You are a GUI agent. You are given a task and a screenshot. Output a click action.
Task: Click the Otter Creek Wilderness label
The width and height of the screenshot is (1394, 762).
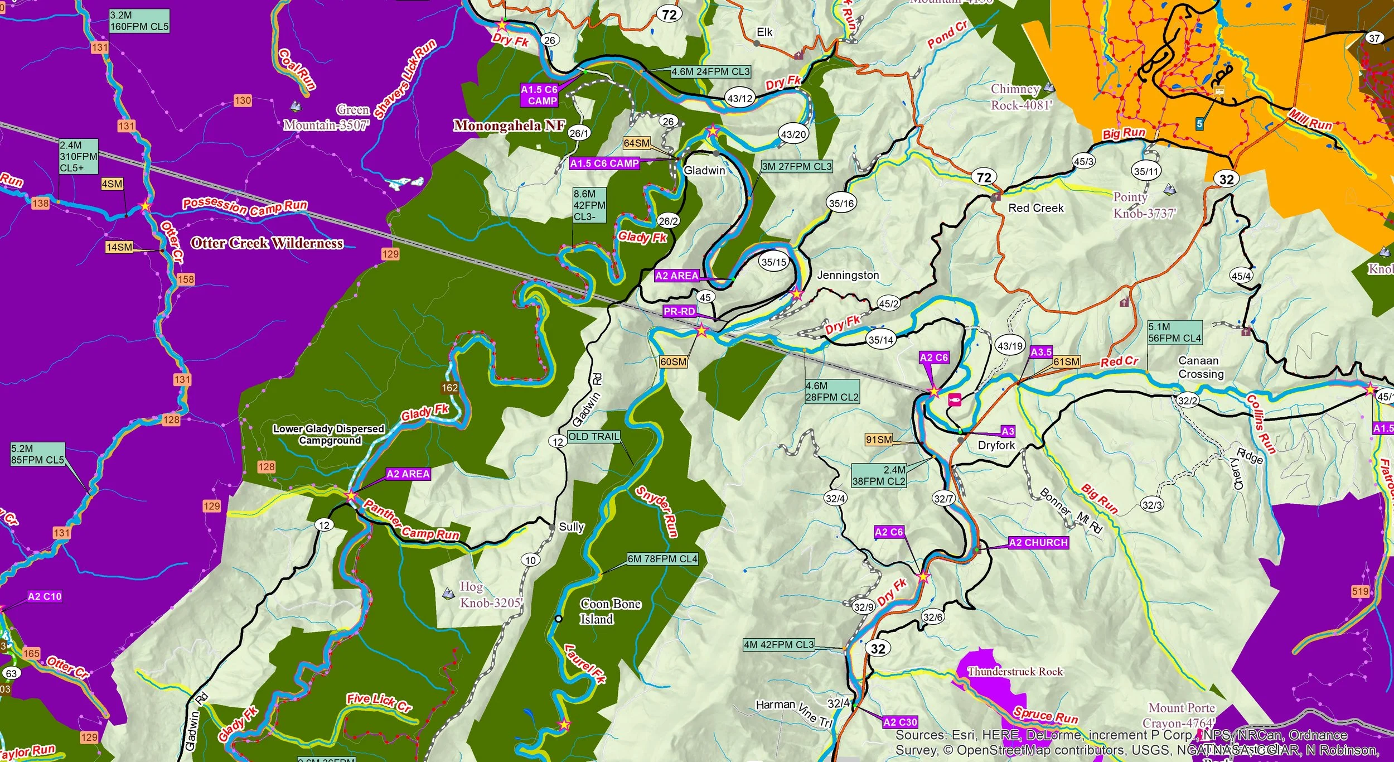[x=267, y=243]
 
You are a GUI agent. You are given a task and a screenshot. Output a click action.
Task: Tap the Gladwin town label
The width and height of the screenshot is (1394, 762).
[x=704, y=170]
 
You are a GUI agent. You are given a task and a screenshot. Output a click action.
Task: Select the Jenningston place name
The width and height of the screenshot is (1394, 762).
[x=848, y=275]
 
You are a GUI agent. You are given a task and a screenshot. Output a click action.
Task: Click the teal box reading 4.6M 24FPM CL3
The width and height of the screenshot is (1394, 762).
[x=711, y=72]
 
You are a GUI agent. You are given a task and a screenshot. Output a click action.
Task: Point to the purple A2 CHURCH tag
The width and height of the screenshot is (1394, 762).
[x=1038, y=543]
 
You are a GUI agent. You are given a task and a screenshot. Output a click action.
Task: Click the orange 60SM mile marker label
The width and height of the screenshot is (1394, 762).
[x=674, y=362]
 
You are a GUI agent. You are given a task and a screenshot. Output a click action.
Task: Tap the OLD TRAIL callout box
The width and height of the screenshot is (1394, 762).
[x=594, y=437]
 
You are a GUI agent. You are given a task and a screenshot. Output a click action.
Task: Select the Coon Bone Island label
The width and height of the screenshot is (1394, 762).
[x=610, y=611]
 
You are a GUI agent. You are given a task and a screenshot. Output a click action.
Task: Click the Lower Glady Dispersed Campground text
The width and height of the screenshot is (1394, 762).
[x=328, y=435]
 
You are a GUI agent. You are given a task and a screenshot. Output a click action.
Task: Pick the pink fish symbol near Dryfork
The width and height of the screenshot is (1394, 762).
[x=954, y=399]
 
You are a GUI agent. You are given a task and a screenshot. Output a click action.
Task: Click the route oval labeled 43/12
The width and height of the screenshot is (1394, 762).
[x=740, y=99]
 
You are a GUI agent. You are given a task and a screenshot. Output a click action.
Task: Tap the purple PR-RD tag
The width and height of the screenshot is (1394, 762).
[x=679, y=311]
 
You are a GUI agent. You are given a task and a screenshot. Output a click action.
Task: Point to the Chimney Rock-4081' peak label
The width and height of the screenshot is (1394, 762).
[x=1020, y=97]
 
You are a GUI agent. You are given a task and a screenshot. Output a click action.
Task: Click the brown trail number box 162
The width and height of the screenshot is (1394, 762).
[x=449, y=388]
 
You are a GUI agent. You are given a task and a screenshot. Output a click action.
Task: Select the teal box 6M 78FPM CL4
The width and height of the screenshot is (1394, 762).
[x=662, y=559]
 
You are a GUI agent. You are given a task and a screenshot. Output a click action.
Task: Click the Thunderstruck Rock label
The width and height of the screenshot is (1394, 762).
[x=1015, y=672]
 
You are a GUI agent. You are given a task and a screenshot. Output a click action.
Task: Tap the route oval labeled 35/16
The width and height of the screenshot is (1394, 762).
[x=841, y=203]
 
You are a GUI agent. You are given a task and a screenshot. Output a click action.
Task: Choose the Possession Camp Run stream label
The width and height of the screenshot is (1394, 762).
[x=245, y=206]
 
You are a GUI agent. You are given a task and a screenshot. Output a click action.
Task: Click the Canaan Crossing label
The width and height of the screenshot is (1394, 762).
[x=1201, y=367]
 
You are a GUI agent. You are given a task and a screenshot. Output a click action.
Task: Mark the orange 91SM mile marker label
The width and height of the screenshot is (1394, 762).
[x=879, y=440]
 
